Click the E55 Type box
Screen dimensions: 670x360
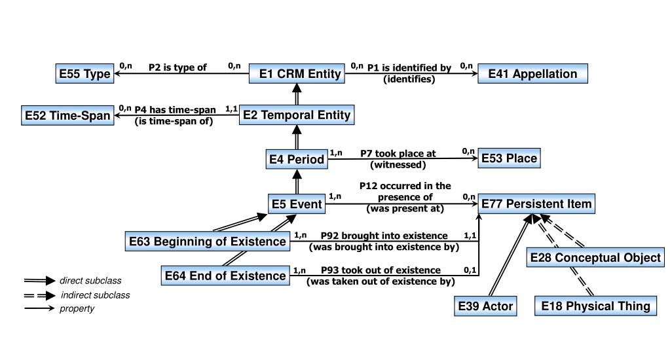(x=84, y=73)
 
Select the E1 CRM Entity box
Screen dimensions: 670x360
(x=297, y=73)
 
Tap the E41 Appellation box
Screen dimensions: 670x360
(x=532, y=73)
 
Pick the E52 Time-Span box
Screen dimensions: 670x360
(x=67, y=115)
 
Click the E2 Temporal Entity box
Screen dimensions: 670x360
(x=297, y=115)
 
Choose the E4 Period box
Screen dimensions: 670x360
(x=297, y=159)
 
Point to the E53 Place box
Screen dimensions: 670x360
(x=509, y=158)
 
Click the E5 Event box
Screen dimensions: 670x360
(x=297, y=204)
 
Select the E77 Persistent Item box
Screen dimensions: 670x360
(x=536, y=204)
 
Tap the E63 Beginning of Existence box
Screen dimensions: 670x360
(x=207, y=242)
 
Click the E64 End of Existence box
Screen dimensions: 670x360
(x=225, y=276)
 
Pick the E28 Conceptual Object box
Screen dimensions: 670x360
(x=595, y=257)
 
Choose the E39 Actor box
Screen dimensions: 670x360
(x=485, y=306)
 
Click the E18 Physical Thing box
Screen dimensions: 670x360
(x=595, y=306)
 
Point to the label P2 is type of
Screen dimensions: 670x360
(x=177, y=67)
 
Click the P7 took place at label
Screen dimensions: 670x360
(x=398, y=153)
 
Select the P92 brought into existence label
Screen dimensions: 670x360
(x=384, y=236)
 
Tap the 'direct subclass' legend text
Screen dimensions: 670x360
(x=90, y=281)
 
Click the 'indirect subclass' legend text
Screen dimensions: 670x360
(x=95, y=295)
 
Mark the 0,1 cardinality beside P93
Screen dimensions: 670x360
(x=470, y=270)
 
